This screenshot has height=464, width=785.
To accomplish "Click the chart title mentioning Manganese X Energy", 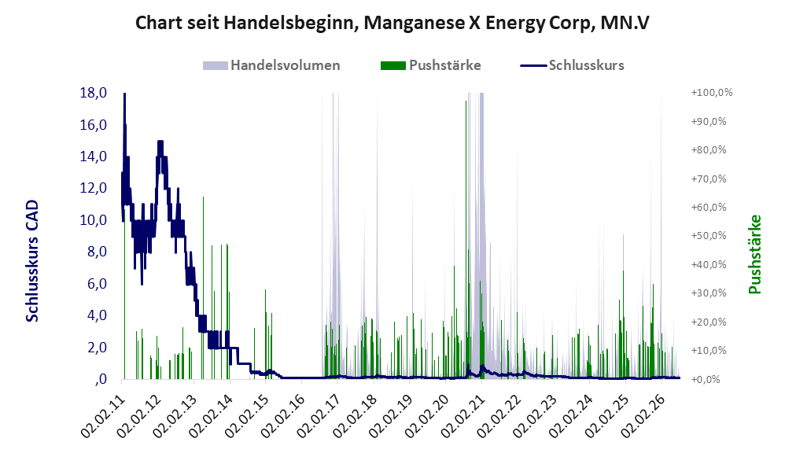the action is pyautogui.click(x=392, y=23).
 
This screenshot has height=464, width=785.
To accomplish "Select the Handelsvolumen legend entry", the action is pyautogui.click(x=271, y=65).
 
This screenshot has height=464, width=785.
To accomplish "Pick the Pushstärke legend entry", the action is pyautogui.click(x=430, y=65).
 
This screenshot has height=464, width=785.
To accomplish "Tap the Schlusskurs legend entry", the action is pyautogui.click(x=572, y=65).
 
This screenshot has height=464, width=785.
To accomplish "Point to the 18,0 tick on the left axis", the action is pyautogui.click(x=94, y=93).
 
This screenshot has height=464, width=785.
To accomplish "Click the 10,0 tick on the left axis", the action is pyautogui.click(x=94, y=219).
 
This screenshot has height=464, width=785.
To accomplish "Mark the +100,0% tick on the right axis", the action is pyautogui.click(x=712, y=93).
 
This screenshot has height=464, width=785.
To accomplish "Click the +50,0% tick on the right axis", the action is pyautogui.click(x=709, y=236).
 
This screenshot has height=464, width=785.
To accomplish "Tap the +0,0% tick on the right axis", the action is pyautogui.click(x=706, y=379).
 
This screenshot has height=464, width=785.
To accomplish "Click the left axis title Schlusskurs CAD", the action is pyautogui.click(x=32, y=260).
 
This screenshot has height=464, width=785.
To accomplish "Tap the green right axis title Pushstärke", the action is pyautogui.click(x=754, y=254).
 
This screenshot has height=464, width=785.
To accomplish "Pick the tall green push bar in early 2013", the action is pyautogui.click(x=203, y=287).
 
